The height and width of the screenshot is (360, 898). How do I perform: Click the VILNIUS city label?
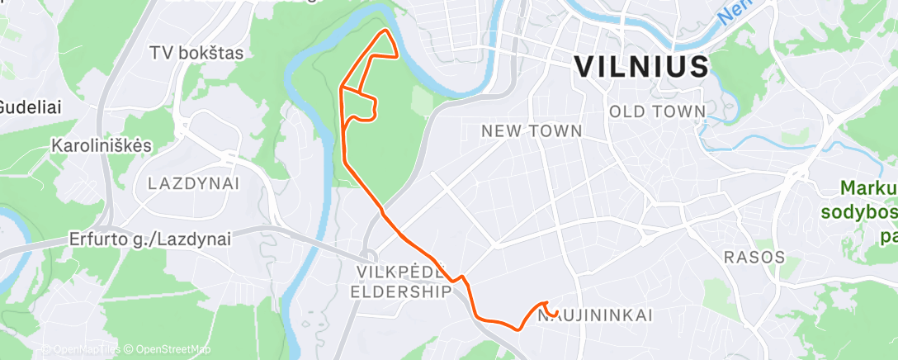click(640, 66)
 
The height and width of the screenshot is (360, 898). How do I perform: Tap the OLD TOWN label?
click(656, 111)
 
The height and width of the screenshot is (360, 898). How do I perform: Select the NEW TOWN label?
click(532, 131)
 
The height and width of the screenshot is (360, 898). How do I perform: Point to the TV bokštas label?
click(196, 53)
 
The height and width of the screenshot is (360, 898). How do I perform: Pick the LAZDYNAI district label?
click(193, 183)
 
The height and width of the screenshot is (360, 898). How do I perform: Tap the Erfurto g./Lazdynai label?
click(149, 239)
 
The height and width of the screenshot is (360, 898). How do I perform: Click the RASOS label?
click(754, 257)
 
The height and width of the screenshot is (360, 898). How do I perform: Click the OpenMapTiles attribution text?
click(85, 349)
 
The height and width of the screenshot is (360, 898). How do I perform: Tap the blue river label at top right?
click(730, 12)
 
